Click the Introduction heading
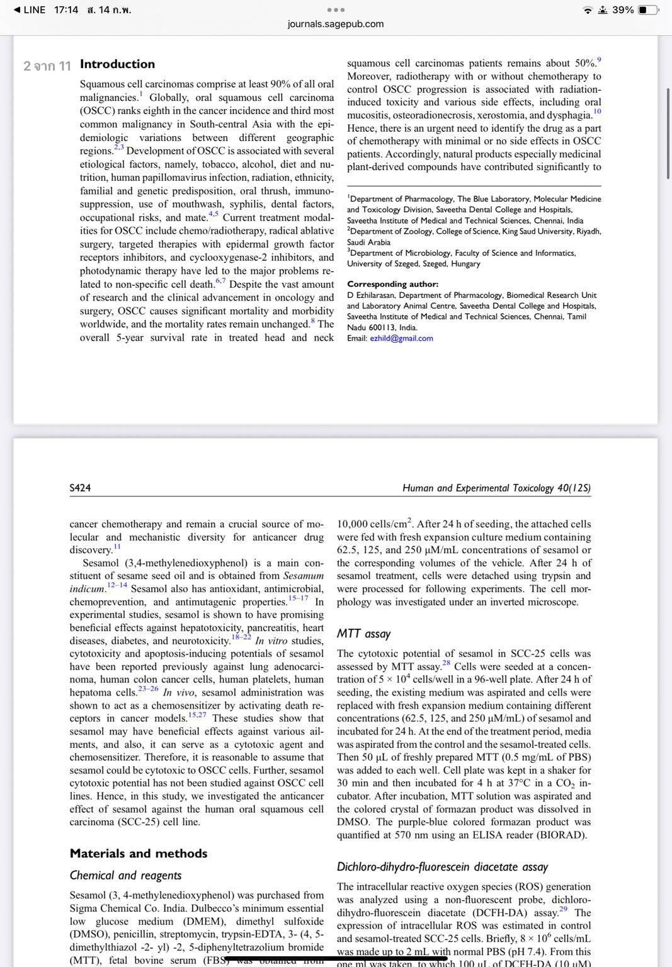coord(117,64)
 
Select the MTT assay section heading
coord(363,634)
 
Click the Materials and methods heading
coord(138,854)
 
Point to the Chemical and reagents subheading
coord(125,876)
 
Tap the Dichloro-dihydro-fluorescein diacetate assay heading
coord(442,867)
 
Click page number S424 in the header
coord(80,488)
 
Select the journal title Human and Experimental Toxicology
coord(496,488)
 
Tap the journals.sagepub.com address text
coord(336,24)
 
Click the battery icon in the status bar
coord(648,10)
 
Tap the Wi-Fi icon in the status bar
coord(588,10)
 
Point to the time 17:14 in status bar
coord(66,10)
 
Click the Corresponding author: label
coord(392,284)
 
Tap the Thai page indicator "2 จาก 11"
coord(47,66)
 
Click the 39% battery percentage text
coord(622,10)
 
